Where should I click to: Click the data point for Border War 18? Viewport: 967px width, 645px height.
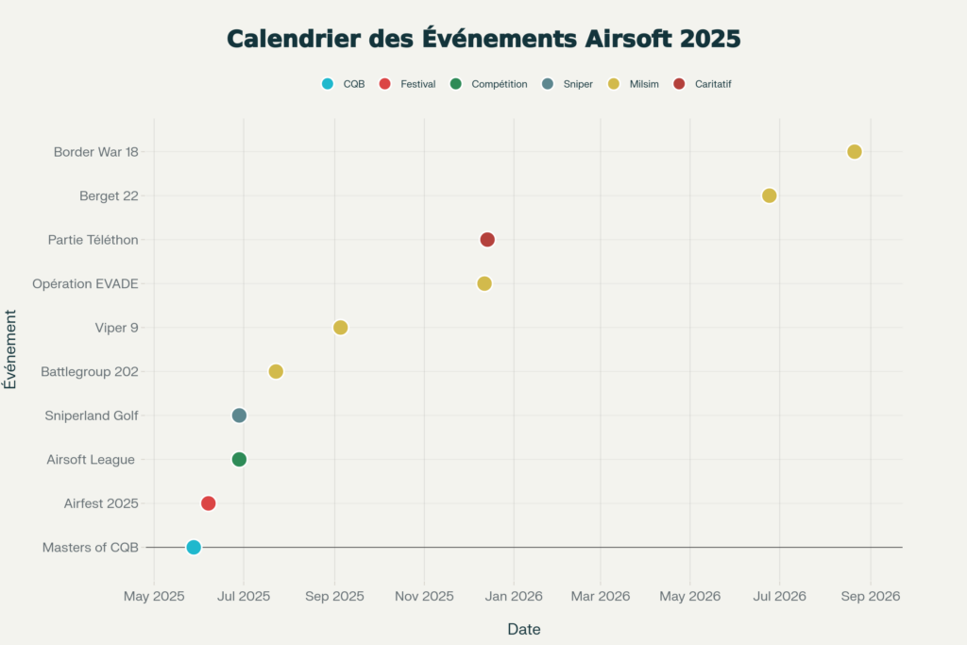pos(854,152)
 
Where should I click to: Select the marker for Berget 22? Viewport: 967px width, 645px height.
pos(769,195)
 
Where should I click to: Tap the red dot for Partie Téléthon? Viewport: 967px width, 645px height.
pos(487,240)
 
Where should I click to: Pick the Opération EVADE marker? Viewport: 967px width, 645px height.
pos(484,283)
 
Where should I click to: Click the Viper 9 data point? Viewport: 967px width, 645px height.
pos(341,328)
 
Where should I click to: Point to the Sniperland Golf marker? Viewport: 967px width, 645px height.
pos(239,416)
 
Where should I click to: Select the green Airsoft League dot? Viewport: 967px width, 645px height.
pos(239,459)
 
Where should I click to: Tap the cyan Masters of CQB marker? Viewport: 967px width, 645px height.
pos(194,547)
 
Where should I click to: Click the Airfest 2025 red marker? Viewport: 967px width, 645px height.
pos(209,503)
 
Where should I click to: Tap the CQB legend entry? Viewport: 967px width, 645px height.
pos(344,84)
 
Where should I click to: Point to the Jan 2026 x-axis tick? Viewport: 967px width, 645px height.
pos(515,597)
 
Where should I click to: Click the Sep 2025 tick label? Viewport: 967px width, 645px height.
pos(334,597)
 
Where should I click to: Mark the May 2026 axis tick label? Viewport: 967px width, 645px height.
pos(689,597)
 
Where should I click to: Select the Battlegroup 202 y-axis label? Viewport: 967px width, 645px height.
pos(90,372)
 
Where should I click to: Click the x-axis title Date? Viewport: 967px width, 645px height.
pos(524,629)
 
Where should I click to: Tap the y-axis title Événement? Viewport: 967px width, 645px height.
pos(10,348)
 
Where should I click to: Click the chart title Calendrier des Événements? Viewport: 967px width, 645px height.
pos(483,39)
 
